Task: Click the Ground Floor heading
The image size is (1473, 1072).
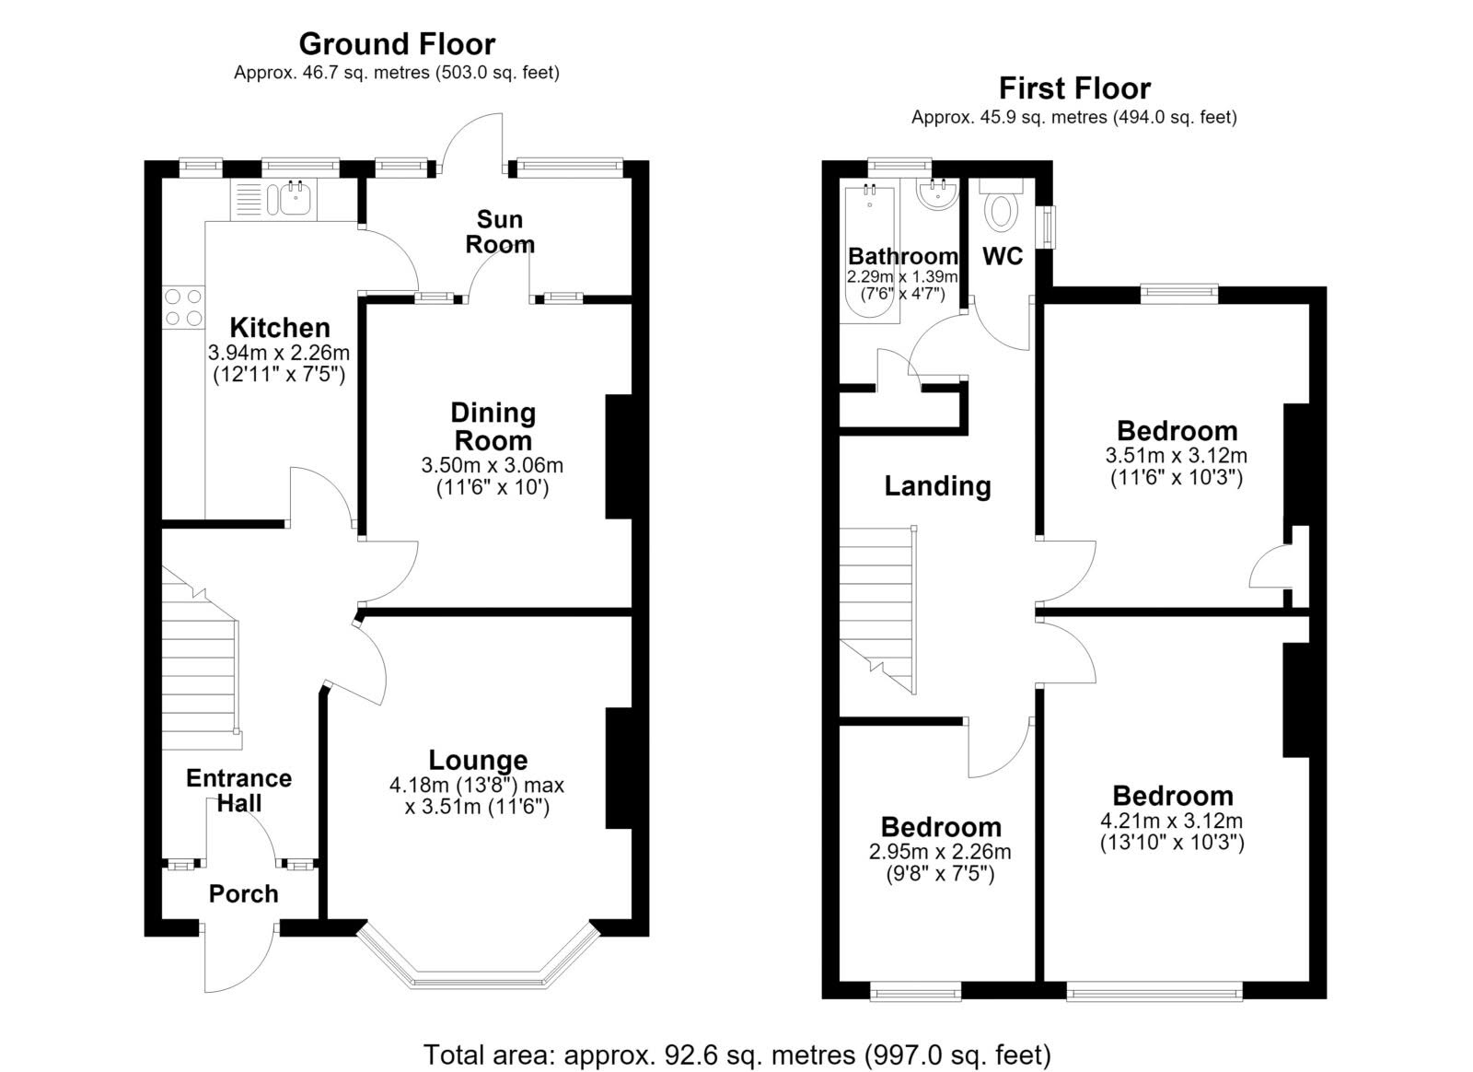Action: point(397,44)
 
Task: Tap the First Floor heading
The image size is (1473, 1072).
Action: point(1074,88)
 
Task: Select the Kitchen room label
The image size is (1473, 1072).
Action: point(280,328)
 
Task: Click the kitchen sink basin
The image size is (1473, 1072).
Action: point(296,198)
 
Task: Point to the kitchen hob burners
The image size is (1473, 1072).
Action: point(183,308)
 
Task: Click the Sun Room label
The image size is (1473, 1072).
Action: point(500,231)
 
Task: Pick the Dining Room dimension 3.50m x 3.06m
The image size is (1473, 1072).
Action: point(493,466)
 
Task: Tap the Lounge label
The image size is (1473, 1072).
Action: point(478,760)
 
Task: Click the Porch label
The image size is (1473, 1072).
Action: point(243,893)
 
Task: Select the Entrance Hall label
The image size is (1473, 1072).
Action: point(238,790)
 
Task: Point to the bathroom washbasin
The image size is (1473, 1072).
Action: point(934,194)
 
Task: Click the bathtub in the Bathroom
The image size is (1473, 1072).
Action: point(870,254)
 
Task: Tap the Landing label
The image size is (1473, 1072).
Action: point(937,485)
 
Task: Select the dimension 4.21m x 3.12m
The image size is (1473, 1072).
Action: point(1172,821)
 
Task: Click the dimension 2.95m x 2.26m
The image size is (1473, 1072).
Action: point(940,852)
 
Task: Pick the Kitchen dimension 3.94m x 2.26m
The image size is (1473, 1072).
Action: point(279,353)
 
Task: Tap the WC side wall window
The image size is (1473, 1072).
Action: point(1046,227)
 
